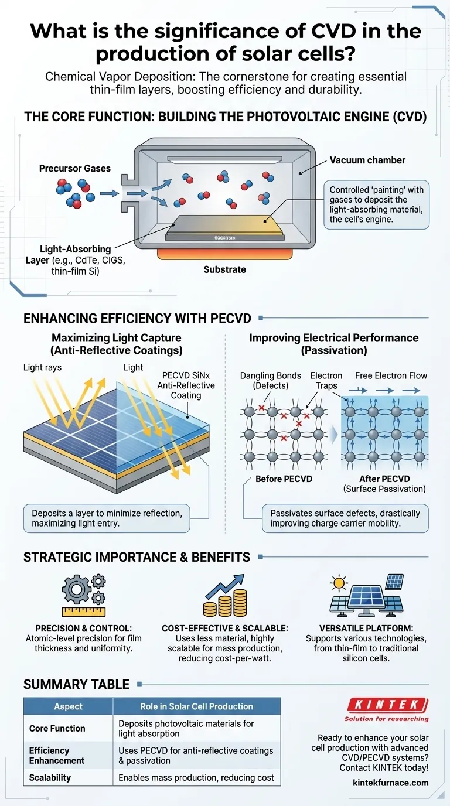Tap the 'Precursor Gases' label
coord(74,168)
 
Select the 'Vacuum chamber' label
coord(367,160)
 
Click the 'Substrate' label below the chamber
coord(224,269)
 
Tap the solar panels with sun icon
coord(366,594)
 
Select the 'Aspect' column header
coord(68,706)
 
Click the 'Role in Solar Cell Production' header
coord(196,706)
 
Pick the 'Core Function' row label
coord(57,728)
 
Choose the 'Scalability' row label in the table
coord(50,777)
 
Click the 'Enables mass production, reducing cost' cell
coord(196,777)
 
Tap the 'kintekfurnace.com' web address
coord(391,782)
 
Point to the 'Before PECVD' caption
coord(284,479)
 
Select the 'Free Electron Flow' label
coord(391,375)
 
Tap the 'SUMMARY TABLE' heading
coord(76,684)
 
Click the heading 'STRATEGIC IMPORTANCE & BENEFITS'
coord(137,556)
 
